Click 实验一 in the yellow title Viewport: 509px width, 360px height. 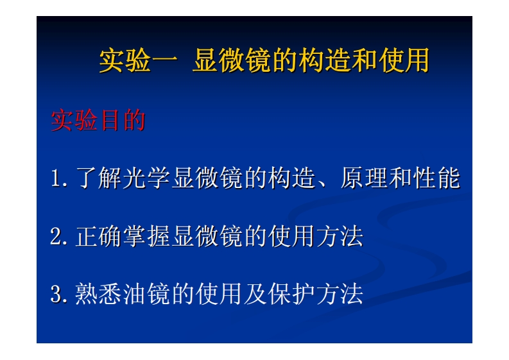pos(137,62)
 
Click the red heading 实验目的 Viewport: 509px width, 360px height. pos(98,121)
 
